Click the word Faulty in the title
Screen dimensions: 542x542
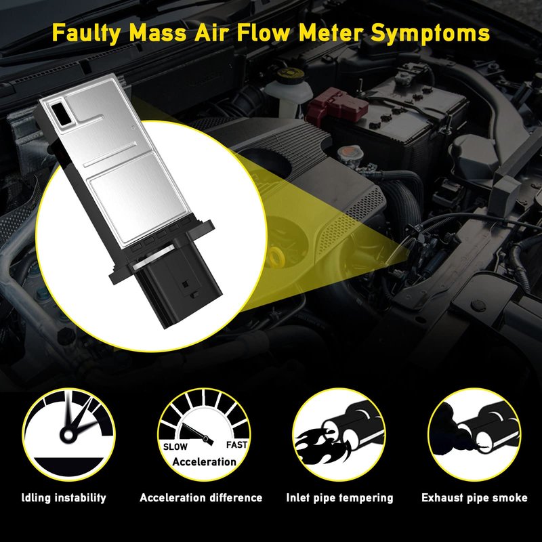pos(87,34)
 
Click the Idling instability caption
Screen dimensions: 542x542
pos(64,498)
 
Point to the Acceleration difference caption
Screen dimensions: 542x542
pos(201,498)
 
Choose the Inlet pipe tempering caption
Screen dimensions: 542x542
pos(339,498)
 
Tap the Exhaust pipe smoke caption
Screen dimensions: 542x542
pos(474,498)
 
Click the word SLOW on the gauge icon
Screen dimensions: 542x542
pos(175,446)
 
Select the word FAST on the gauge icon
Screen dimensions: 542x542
pos(236,445)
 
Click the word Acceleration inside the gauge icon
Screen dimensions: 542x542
pos(205,462)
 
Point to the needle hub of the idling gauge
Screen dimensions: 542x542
pos(68,435)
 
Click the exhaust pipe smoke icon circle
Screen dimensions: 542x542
pos(474,434)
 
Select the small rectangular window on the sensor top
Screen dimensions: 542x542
pos(61,114)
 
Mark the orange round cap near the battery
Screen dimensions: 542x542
pos(350,152)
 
